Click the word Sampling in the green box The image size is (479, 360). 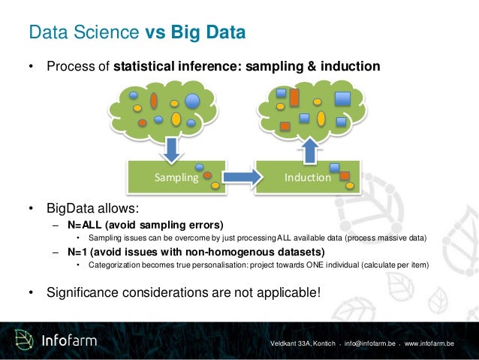pos(176,178)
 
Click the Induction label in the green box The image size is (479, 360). pos(308,178)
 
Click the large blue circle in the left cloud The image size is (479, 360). pos(192,101)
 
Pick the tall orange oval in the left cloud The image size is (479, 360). pos(154,100)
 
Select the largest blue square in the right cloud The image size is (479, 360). pos(343,98)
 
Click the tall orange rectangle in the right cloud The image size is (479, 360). pos(294,98)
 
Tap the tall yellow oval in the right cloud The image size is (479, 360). pos(321,118)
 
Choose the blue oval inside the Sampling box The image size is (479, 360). pos(200,167)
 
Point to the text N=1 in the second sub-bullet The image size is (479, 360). pos(79,252)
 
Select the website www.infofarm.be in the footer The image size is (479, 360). pos(429,343)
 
